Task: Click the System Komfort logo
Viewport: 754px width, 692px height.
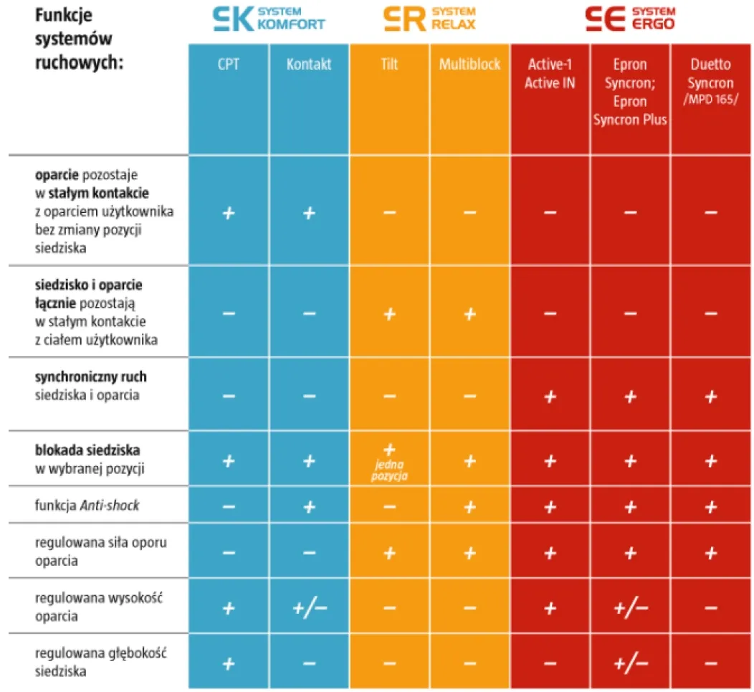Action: (269, 19)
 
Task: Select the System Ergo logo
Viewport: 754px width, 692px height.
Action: (630, 19)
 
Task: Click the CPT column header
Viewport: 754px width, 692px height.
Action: (228, 65)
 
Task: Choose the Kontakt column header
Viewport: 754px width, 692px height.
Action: (309, 65)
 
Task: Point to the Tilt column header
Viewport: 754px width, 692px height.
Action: (389, 65)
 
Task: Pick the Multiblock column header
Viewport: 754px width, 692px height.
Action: (469, 65)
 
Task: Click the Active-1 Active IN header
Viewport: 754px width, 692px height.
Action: (550, 74)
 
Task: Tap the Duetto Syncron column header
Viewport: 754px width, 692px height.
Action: (710, 82)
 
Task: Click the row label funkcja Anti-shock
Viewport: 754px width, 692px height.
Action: (87, 506)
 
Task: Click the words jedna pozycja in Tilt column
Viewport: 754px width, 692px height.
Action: (389, 470)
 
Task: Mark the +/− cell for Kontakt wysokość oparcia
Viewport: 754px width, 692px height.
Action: (309, 608)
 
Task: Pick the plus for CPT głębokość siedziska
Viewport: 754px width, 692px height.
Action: (228, 663)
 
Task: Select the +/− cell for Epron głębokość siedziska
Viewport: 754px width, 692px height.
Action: (630, 663)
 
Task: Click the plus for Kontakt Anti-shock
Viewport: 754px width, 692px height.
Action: (309, 506)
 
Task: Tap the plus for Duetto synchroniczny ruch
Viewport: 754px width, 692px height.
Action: (710, 396)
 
